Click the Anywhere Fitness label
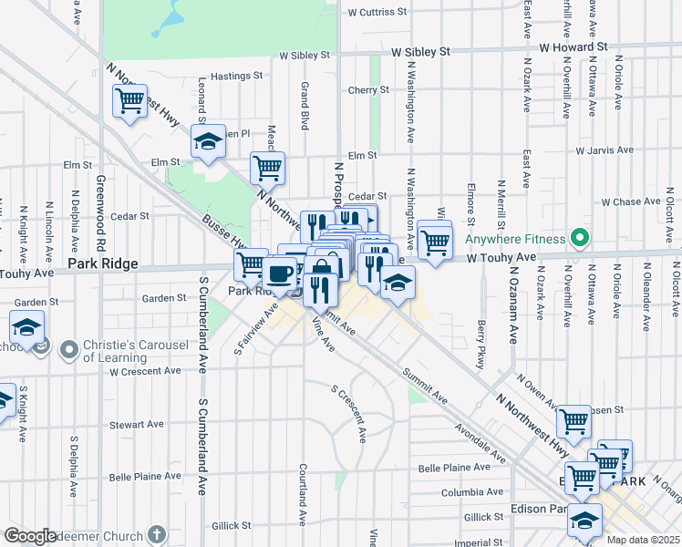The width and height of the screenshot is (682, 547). pyautogui.click(x=516, y=240)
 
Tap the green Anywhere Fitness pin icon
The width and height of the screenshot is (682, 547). pyautogui.click(x=578, y=240)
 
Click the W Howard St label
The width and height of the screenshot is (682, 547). pyautogui.click(x=573, y=46)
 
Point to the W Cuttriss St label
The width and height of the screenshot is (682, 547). pyautogui.click(x=377, y=13)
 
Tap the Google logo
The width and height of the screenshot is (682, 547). pyautogui.click(x=30, y=536)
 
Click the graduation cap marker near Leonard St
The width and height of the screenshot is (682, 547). pyautogui.click(x=208, y=142)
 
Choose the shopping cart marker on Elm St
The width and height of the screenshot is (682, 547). pyautogui.click(x=267, y=168)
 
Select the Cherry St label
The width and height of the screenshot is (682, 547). pyautogui.click(x=368, y=90)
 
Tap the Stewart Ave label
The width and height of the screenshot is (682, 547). pyautogui.click(x=136, y=425)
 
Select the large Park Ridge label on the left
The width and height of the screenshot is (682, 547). pyautogui.click(x=103, y=264)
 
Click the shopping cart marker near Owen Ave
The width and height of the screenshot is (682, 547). pyautogui.click(x=573, y=421)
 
